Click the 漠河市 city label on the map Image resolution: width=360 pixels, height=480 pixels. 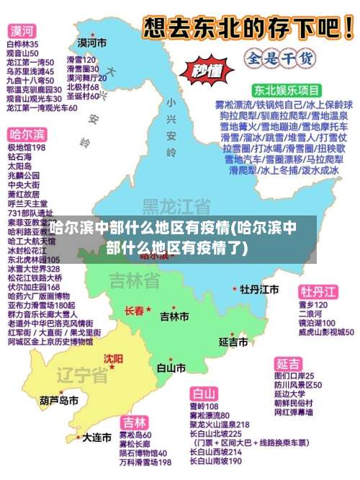tap(91, 43)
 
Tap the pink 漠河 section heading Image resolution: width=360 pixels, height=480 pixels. tap(22, 32)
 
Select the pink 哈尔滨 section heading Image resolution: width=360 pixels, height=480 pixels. tap(27, 135)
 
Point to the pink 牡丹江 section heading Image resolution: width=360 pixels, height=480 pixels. tap(318, 292)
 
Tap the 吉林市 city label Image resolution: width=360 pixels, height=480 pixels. tap(174, 316)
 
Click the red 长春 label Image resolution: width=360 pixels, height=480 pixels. tap(135, 311)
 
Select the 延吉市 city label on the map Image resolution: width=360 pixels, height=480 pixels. tap(233, 341)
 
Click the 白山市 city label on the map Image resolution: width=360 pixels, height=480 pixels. tap(171, 368)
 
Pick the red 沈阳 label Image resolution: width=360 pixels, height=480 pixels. tap(113, 358)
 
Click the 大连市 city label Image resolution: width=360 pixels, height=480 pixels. tap(96, 437)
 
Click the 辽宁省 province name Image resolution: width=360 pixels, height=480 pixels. tap(82, 375)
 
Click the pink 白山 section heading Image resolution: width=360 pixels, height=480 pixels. tap(204, 394)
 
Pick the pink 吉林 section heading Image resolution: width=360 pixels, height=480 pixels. tap(134, 422)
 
